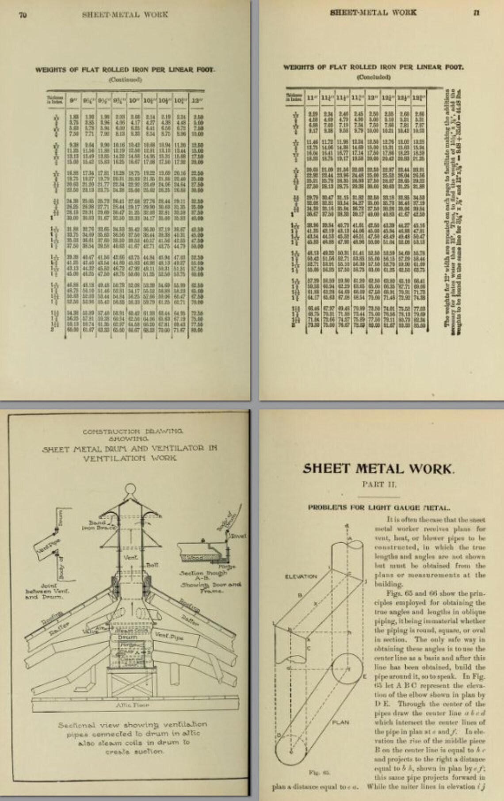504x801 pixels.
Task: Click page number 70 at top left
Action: point(23,14)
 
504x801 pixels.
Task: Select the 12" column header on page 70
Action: point(196,100)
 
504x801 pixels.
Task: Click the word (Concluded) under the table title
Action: point(373,76)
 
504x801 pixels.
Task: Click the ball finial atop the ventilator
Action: point(131,492)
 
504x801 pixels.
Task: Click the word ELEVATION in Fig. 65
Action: point(302,576)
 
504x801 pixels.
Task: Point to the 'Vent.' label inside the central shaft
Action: point(130,557)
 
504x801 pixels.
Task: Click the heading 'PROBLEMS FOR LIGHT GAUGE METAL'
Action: point(378,507)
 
